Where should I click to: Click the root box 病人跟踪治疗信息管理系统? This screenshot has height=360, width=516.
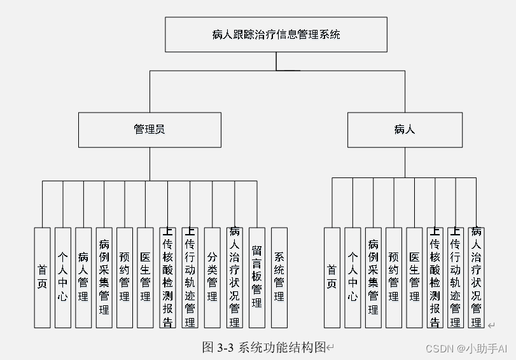276,34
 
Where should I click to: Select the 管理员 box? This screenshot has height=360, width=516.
150,130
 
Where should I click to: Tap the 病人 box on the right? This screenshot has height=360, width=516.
405,130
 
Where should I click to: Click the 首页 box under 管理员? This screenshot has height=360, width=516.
42,277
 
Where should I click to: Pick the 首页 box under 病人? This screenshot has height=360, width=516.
331,277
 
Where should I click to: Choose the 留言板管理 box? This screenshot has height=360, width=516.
256,277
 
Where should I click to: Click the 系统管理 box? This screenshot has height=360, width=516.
279,277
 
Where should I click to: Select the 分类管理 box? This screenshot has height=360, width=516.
213,277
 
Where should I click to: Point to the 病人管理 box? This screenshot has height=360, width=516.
83,277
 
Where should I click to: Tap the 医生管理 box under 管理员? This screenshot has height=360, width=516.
145,277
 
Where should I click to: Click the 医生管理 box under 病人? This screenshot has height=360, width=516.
414,277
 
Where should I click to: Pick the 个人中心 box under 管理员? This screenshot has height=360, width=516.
62,277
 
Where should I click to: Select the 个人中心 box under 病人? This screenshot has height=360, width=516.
352,277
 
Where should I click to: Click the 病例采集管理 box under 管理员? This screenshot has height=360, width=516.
104,277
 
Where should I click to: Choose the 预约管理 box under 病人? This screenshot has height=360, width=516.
394,277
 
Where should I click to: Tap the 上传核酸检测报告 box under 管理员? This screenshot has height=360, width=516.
167,277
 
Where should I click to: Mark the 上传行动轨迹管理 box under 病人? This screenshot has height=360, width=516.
455,277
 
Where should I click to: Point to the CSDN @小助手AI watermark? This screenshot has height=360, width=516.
466,348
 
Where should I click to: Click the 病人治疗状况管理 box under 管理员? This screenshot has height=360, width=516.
235,277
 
